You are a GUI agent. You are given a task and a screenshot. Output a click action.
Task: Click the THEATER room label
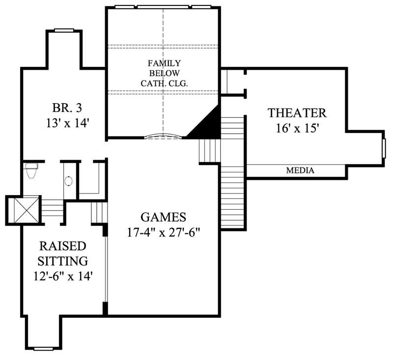pyautogui.click(x=297, y=112)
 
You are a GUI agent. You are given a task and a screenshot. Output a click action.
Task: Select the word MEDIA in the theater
pyautogui.click(x=300, y=171)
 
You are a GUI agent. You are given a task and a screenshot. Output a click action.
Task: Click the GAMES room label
pyautogui.click(x=163, y=217)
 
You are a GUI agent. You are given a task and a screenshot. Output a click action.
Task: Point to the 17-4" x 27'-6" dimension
pyautogui.click(x=163, y=232)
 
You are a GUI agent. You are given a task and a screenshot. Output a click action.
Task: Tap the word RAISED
pyautogui.click(x=63, y=245)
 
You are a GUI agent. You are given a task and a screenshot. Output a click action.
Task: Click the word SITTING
pyautogui.click(x=63, y=260)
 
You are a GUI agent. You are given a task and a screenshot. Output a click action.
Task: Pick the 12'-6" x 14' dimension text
pyautogui.click(x=63, y=276)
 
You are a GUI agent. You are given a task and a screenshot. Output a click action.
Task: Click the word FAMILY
pyautogui.click(x=164, y=63)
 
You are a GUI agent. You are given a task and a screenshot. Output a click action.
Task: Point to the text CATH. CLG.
pyautogui.click(x=164, y=83)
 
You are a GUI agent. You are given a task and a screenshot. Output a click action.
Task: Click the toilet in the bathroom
pyautogui.click(x=30, y=170)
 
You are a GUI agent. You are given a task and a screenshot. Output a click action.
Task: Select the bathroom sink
pyautogui.click(x=68, y=181)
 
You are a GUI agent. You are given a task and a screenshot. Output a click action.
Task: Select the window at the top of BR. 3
pyautogui.click(x=64, y=30)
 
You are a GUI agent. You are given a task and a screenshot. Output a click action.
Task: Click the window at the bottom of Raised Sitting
pyautogui.click(x=43, y=349)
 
